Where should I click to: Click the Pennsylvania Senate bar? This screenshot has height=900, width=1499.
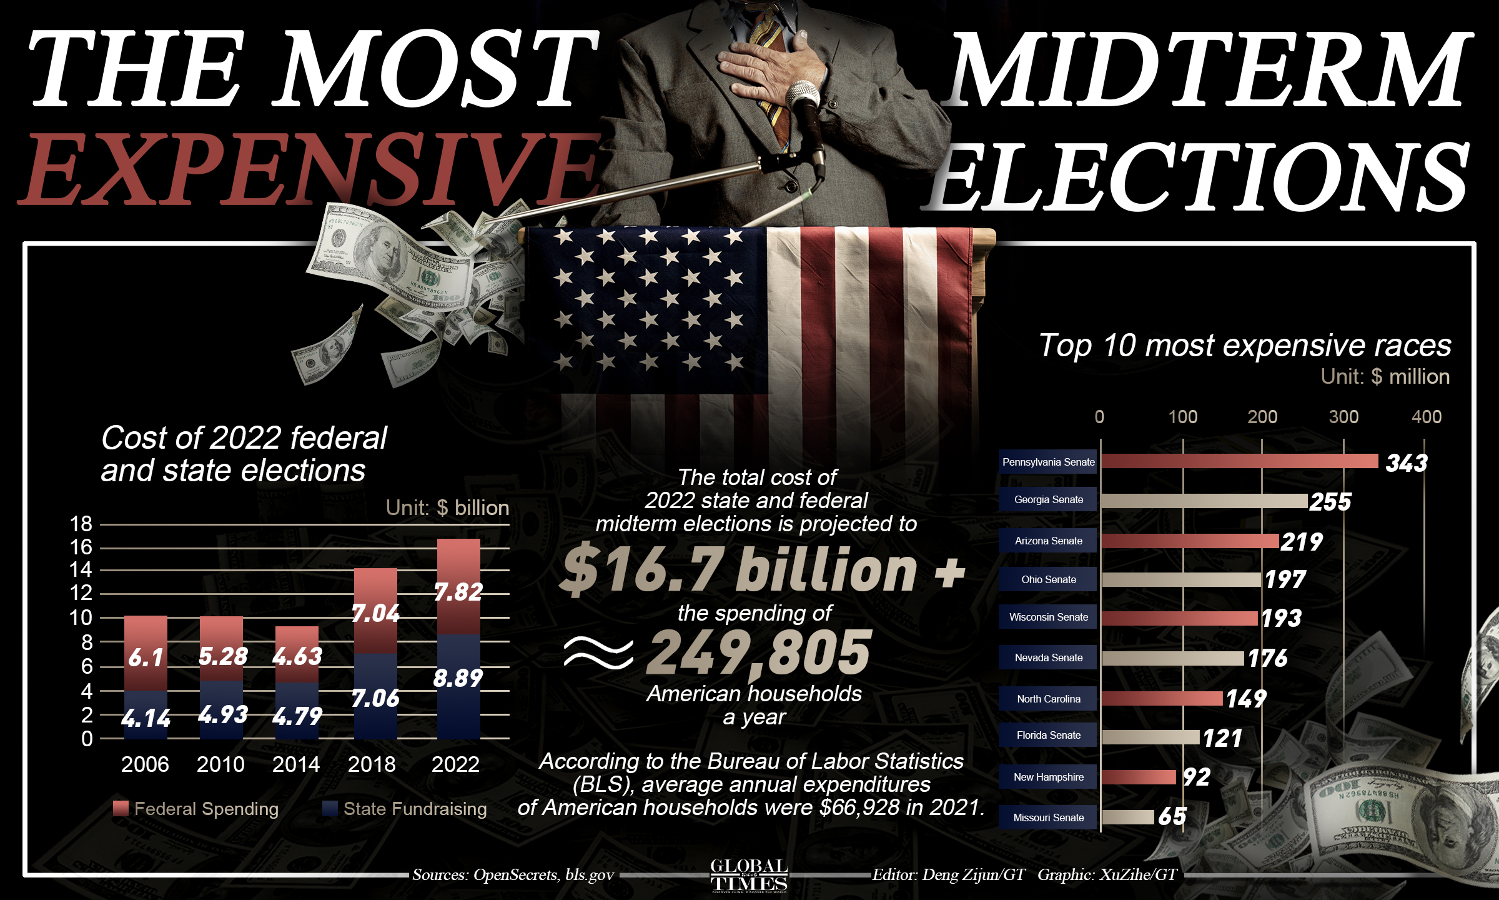(x=1240, y=461)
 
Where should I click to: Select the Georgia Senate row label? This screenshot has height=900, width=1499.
(x=1048, y=500)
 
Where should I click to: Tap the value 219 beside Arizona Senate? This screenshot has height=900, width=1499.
(x=1302, y=542)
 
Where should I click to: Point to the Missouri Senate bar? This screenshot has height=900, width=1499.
(x=1128, y=817)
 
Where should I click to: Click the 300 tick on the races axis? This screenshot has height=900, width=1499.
(x=1343, y=417)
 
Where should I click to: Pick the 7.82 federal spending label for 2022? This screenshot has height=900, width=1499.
(x=458, y=592)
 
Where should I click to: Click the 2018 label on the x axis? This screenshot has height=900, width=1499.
(x=372, y=764)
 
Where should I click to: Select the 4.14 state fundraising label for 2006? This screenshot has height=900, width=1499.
(x=146, y=719)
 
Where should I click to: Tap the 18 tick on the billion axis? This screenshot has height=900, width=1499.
(x=81, y=524)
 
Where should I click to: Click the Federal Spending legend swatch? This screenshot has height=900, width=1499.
(x=121, y=808)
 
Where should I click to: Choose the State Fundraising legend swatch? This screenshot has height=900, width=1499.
(x=330, y=808)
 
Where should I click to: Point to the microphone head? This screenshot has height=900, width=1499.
(x=802, y=97)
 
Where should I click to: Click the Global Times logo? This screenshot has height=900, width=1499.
(x=749, y=875)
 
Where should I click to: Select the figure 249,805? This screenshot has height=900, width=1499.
(x=758, y=653)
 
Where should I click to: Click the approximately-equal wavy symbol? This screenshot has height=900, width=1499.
(x=598, y=653)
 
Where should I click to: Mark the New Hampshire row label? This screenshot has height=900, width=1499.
(x=1048, y=777)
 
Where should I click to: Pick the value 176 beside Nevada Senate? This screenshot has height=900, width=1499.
(x=1267, y=658)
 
